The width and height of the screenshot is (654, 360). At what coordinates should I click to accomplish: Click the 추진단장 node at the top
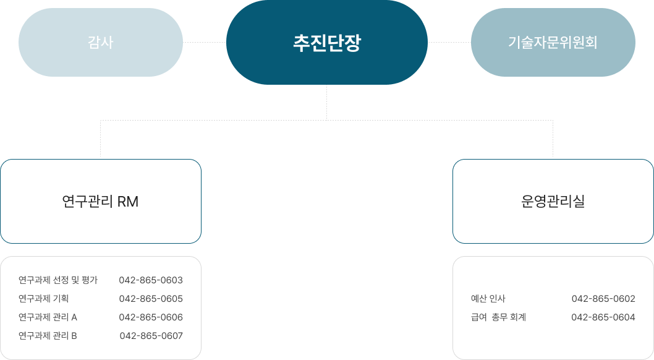point(326,42)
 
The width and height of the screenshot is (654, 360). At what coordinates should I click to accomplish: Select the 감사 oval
point(101,42)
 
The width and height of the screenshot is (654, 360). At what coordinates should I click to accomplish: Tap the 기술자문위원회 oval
point(553,42)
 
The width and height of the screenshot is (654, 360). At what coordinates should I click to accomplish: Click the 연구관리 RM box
point(101,201)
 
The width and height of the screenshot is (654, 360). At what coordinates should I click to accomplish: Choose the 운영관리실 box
point(553,201)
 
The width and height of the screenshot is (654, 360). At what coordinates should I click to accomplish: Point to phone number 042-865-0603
point(151,280)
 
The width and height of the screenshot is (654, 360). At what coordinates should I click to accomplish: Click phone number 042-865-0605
point(151,299)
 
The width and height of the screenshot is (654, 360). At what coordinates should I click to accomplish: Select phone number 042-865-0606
point(151,317)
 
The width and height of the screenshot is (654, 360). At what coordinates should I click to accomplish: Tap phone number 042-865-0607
point(151,336)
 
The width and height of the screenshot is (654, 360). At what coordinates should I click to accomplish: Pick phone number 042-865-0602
point(603,299)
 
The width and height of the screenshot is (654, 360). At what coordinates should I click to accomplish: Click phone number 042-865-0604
point(603,317)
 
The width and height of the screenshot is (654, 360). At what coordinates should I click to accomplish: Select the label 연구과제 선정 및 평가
point(58,280)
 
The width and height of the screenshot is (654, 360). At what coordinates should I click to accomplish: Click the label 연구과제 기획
point(43,299)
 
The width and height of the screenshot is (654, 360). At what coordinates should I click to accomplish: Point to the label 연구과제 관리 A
point(48,317)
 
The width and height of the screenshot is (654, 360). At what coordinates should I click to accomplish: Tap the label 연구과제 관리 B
point(48,336)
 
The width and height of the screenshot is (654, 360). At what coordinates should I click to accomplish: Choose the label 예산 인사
point(488,299)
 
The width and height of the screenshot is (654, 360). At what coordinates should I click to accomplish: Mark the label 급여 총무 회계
point(498,317)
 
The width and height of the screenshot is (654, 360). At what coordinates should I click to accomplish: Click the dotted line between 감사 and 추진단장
point(205,42)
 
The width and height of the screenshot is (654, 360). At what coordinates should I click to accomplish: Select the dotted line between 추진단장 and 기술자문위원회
point(449,42)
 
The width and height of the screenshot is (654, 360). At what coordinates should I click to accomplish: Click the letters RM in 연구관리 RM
point(127,202)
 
